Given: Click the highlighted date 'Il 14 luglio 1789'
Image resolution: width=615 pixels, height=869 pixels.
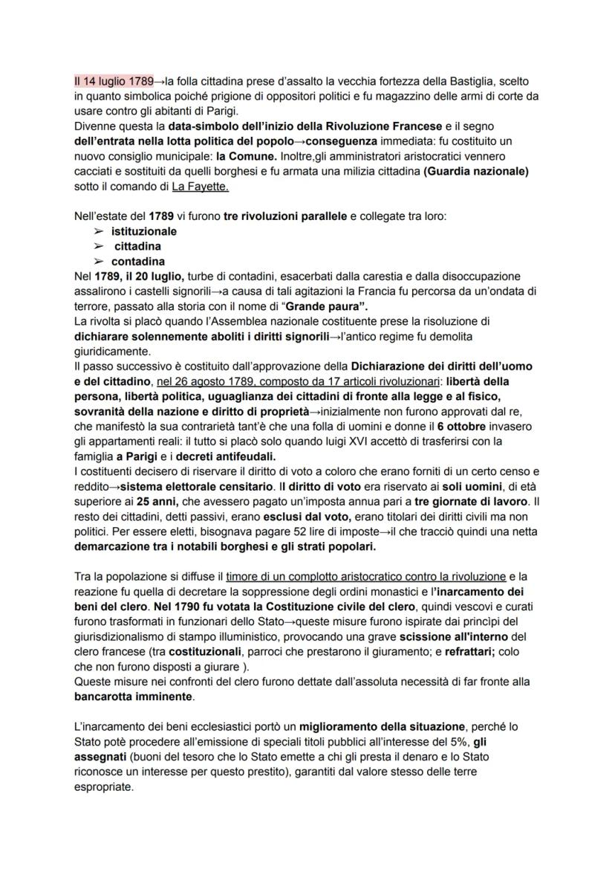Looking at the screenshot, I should point(114,80).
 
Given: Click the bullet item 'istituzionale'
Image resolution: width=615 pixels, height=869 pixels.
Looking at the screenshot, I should point(144,231).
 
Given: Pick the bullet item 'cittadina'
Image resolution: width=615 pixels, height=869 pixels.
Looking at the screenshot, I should point(137,246).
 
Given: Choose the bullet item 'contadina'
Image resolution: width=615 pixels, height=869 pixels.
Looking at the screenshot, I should point(138,261).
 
